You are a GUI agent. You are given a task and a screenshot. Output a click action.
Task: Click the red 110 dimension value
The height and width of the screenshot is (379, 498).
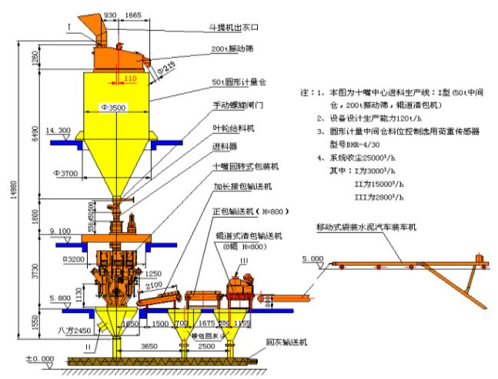click(x=130, y=78)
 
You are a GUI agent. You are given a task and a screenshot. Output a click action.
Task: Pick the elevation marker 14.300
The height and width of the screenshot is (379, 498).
click(x=58, y=130)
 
